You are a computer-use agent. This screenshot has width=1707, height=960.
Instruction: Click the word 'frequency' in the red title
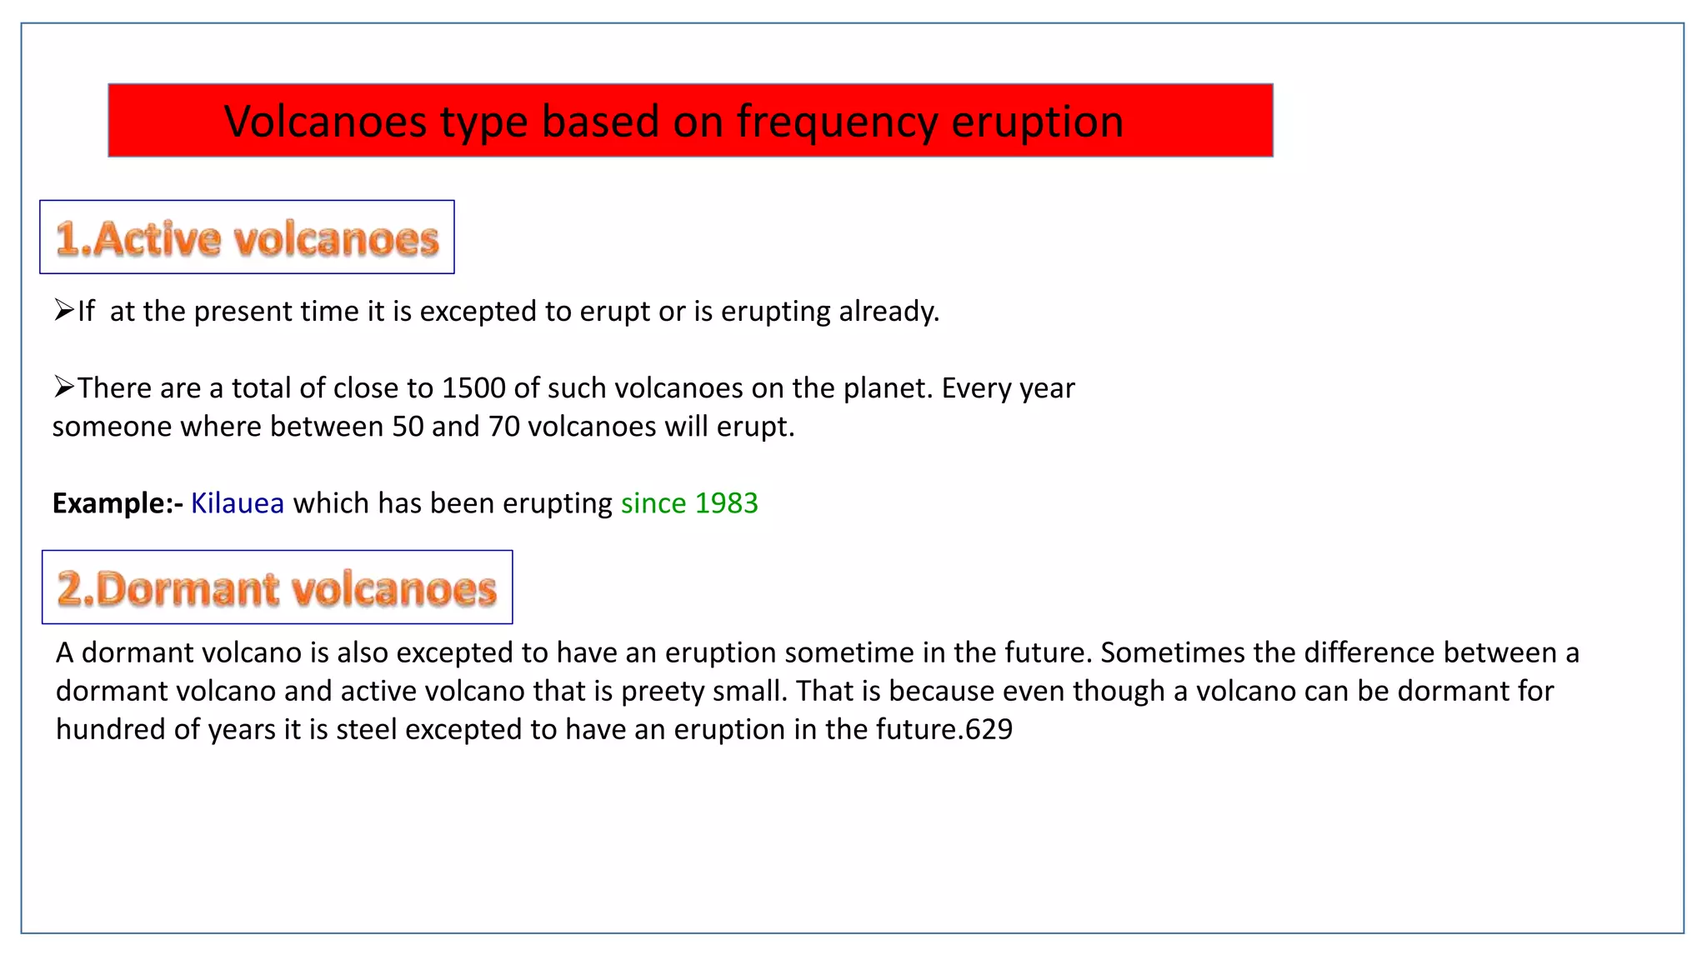point(837,122)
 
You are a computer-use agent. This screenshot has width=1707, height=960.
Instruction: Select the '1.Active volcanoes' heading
point(247,238)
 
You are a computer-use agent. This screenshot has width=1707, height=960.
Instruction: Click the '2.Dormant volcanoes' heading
point(277,588)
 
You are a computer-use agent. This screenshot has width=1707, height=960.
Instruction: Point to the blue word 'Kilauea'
point(238,503)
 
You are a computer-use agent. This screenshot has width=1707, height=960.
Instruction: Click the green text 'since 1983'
point(689,503)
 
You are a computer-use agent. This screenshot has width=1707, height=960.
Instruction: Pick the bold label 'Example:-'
point(118,503)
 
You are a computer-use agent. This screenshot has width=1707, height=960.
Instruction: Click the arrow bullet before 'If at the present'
point(64,311)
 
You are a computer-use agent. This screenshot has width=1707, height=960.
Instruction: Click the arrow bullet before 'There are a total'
point(64,387)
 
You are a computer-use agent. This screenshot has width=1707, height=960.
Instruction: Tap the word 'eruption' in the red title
point(1037,122)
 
